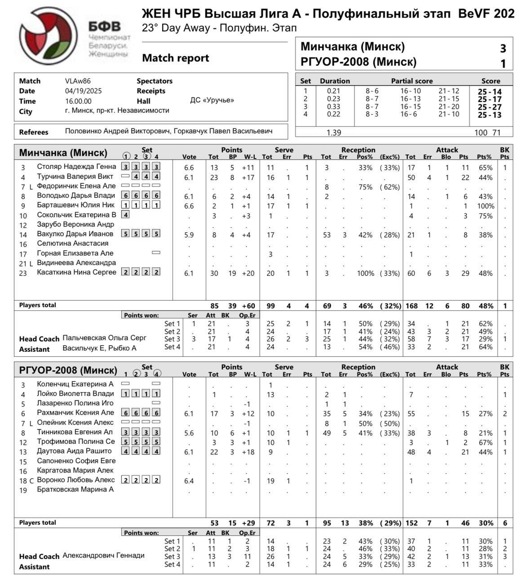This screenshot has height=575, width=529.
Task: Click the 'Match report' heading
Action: (x=175, y=58)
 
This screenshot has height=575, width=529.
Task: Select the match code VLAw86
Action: (x=78, y=81)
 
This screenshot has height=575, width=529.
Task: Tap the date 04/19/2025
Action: (x=83, y=91)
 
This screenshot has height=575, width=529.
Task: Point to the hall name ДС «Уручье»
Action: (x=212, y=100)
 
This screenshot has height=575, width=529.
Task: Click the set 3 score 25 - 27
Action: (x=489, y=107)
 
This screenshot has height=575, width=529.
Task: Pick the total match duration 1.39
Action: (x=333, y=133)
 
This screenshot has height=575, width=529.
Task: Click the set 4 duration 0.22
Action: (x=333, y=114)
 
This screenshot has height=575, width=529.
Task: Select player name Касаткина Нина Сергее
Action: (x=76, y=272)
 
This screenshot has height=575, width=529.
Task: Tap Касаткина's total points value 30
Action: (x=214, y=273)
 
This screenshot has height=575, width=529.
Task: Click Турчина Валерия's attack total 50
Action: (x=411, y=177)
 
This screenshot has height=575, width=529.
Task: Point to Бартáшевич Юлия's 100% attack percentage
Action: (x=485, y=206)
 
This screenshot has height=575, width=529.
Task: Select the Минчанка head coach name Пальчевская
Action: (x=104, y=338)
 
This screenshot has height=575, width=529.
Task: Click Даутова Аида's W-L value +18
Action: (x=248, y=452)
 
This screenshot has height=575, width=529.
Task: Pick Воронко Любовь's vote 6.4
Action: (x=189, y=481)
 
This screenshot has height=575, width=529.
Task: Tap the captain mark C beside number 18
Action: (x=31, y=481)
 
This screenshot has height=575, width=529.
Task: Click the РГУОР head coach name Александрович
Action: (x=103, y=555)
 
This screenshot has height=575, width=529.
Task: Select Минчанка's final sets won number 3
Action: (x=503, y=48)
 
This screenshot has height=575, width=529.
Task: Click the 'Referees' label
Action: (x=34, y=132)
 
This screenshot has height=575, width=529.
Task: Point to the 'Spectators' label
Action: (x=154, y=81)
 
